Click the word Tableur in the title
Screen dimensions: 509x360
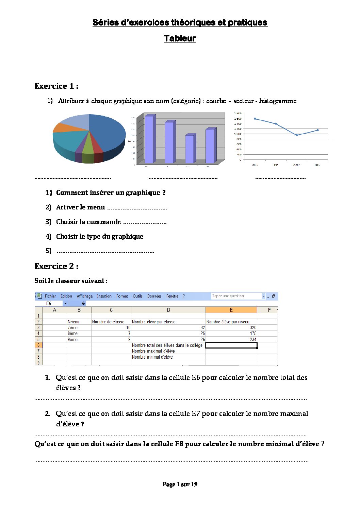(180, 38)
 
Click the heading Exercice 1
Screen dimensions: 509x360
(56, 86)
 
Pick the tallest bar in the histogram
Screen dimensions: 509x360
(149, 139)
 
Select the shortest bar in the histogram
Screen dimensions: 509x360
(189, 149)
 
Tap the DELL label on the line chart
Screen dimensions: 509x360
(255, 165)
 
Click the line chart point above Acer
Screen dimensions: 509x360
(297, 135)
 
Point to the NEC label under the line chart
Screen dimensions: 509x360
(317, 165)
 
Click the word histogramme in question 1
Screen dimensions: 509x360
(278, 101)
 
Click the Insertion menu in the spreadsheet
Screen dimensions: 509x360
(104, 296)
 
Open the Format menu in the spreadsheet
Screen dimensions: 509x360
(122, 296)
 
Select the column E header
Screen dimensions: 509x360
(231, 310)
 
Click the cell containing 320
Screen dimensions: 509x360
(231, 327)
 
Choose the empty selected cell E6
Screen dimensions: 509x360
(231, 345)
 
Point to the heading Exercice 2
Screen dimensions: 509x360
(56, 266)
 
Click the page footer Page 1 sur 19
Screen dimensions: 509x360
(180, 484)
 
